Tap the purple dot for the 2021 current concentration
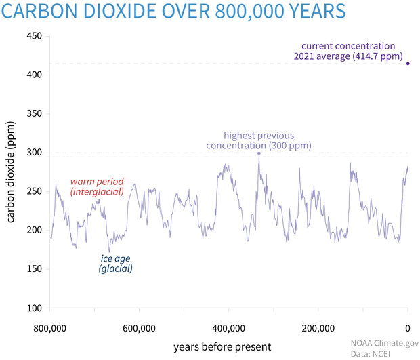[x=408, y=63]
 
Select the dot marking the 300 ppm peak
[x=259, y=153]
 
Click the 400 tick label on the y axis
[x=35, y=75]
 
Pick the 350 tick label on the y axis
[x=35, y=114]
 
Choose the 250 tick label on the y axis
[x=35, y=192]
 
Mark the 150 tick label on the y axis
[x=35, y=270]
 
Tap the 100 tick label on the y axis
[x=35, y=308]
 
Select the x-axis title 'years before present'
[x=222, y=346]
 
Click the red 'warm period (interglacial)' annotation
[x=97, y=187]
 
